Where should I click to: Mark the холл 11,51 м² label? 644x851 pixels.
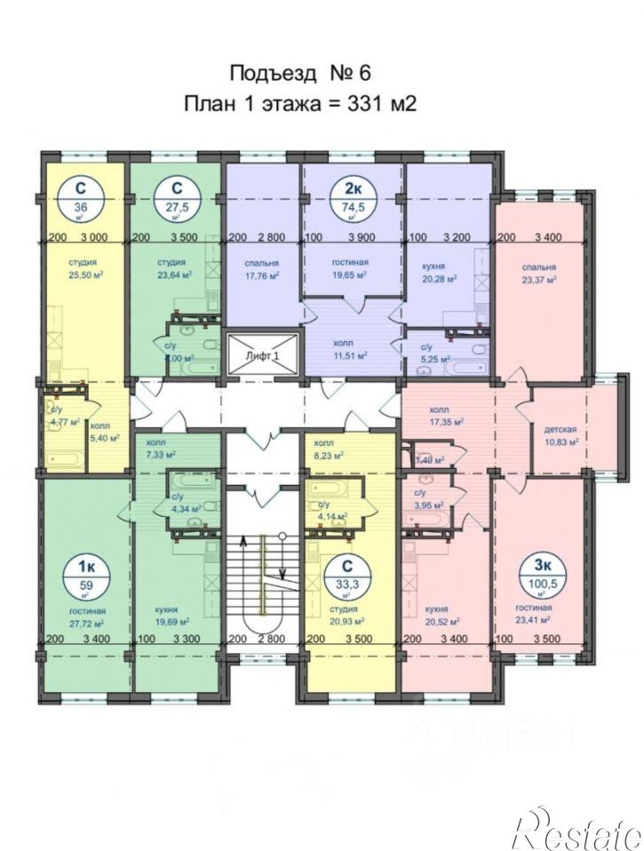(x=351, y=349)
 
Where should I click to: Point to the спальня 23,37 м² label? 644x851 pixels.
(x=539, y=273)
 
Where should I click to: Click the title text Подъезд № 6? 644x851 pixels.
(x=299, y=73)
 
